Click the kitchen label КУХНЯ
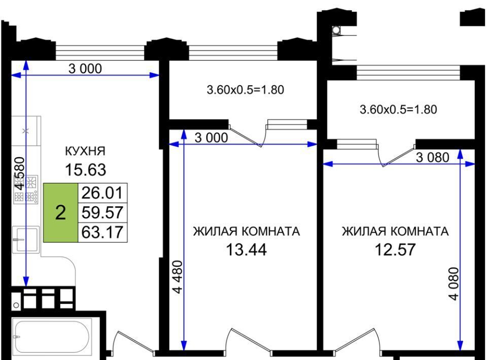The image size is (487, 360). coord(85,151)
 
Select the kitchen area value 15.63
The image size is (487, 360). coord(85,170)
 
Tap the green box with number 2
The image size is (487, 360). coord(60,212)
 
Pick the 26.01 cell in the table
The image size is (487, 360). coord(102,193)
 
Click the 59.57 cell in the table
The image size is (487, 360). coord(102,212)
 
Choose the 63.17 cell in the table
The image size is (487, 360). coord(102,232)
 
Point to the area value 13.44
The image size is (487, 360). coord(247,249)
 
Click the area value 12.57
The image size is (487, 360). coord(395,249)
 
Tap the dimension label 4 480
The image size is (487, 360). coord(178,277)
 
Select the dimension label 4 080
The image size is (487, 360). coord(454,283)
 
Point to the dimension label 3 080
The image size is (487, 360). coord(432,157)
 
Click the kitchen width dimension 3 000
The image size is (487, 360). coord(85,68)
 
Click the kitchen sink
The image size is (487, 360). coord(26,239)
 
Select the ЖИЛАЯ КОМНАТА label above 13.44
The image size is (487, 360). coord(247,232)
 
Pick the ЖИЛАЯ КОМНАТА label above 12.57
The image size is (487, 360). coord(395,232)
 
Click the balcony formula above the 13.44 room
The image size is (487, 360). coord(246,90)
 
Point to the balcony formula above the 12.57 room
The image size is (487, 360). coord(398,110)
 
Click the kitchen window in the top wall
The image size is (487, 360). coord(100,52)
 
